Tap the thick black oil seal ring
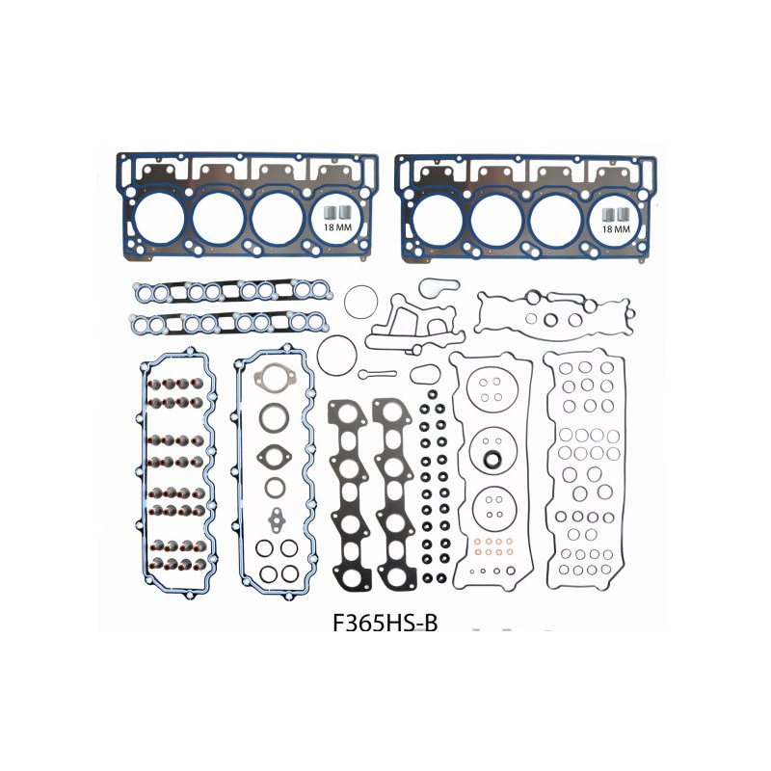[x=492, y=457]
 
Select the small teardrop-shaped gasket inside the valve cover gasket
[x=274, y=517]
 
